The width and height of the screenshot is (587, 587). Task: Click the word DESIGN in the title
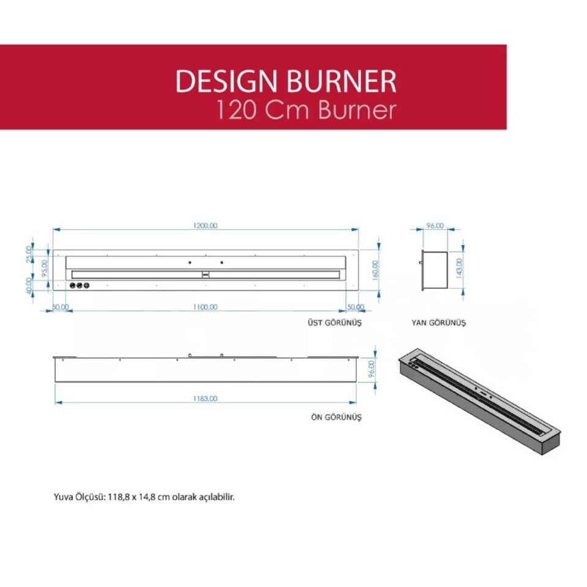click(x=220, y=81)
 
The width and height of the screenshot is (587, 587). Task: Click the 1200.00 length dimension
click(x=205, y=226)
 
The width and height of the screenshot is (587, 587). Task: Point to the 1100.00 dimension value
click(x=205, y=307)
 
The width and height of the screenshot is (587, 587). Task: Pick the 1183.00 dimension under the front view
click(x=205, y=398)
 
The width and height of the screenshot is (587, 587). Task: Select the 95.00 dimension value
click(x=44, y=267)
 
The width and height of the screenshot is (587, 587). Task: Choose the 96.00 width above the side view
click(x=434, y=226)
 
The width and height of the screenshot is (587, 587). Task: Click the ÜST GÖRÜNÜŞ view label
click(x=335, y=322)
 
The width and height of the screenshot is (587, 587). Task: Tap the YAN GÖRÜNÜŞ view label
click(x=438, y=322)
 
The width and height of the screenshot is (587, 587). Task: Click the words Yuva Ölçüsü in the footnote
click(x=78, y=497)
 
